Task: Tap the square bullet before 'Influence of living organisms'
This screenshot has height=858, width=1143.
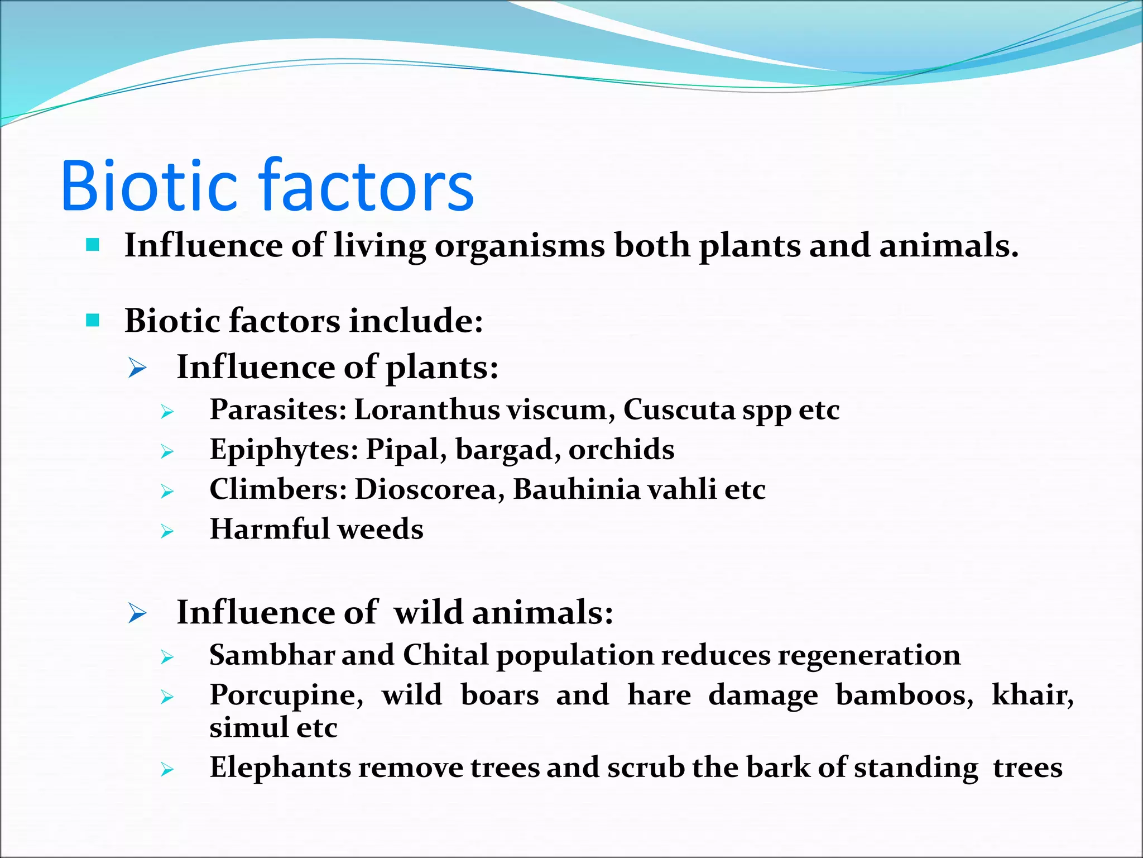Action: pos(93,245)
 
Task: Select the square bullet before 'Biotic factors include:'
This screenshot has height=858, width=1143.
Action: pos(93,321)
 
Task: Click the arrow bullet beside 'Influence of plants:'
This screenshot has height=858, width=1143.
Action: pos(137,368)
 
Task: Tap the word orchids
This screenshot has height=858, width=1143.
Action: pos(621,449)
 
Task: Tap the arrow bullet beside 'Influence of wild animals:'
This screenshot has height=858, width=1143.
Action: pos(137,613)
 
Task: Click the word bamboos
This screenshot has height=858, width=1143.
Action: pos(904,696)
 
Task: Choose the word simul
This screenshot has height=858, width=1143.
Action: pos(249,727)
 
